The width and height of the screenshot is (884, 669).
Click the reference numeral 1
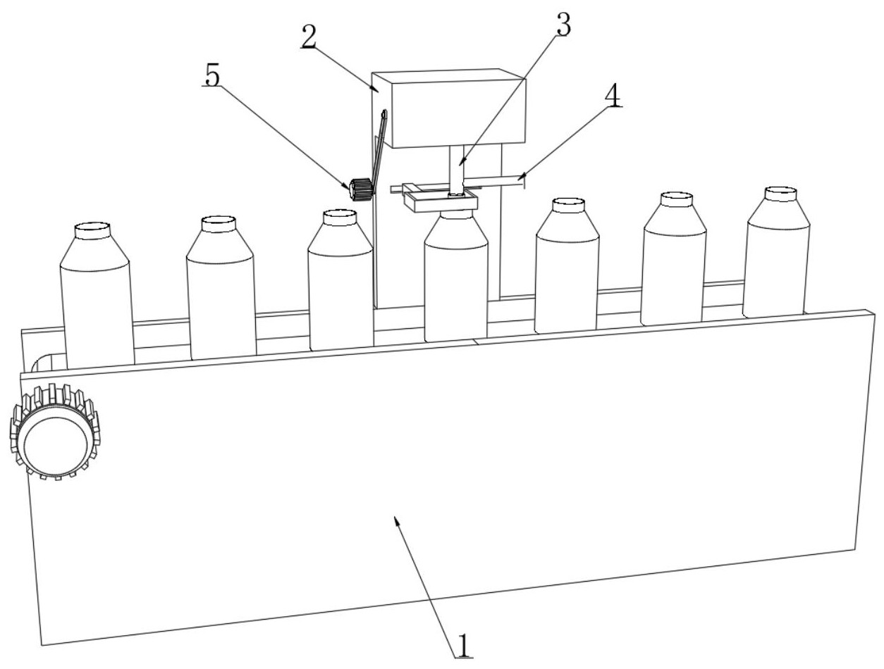(x=463, y=644)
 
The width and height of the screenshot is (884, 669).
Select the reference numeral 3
(x=563, y=25)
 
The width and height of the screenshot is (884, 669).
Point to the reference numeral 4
(x=613, y=96)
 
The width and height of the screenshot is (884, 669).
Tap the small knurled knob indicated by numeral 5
(x=360, y=189)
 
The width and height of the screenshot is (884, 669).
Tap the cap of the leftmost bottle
(x=93, y=229)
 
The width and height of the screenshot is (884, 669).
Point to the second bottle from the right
(x=674, y=261)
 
